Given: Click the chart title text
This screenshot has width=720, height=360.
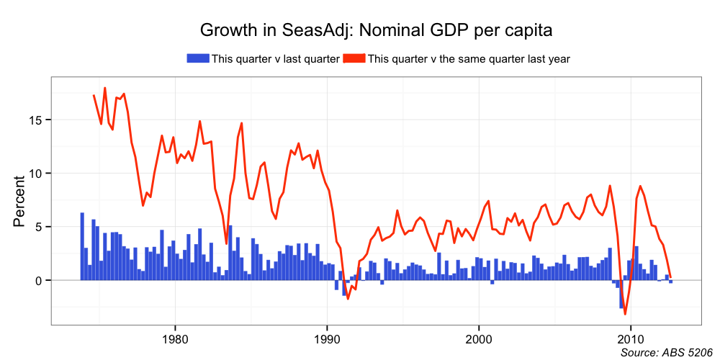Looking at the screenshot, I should coord(375,30).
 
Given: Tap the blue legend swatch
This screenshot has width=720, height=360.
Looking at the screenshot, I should coord(198,58).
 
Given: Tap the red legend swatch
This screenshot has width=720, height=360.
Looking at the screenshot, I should coord(354,58).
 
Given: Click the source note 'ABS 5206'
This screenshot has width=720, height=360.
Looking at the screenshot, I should coord(685,352).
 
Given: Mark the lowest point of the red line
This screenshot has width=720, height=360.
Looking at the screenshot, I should coord(625,314).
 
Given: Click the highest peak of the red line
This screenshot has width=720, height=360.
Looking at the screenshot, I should coord(105,88).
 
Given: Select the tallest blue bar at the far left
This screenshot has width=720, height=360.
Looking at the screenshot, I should coord(82,246).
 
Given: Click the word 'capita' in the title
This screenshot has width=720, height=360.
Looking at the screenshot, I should coord(526,30).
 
